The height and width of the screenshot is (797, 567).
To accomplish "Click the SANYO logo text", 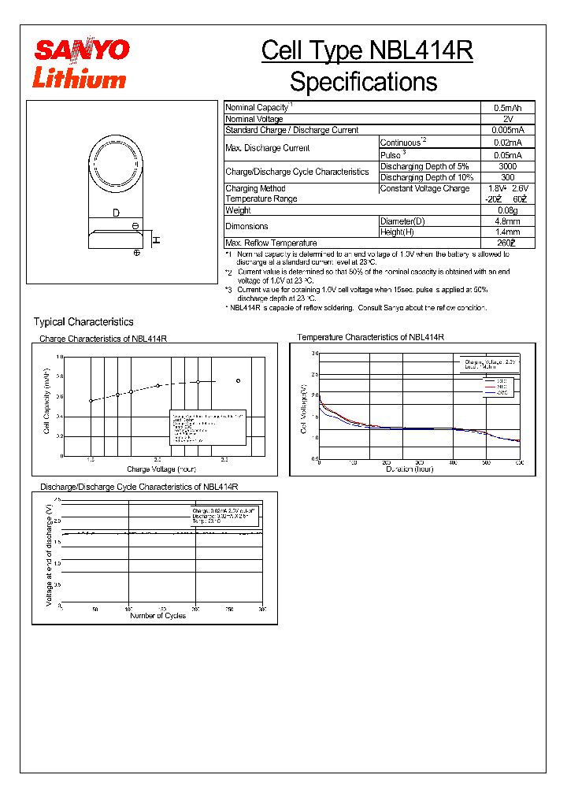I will [x=80, y=50].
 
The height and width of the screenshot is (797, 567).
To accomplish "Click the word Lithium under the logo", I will [x=79, y=78].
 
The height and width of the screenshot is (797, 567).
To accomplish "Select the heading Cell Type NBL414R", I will [x=367, y=51].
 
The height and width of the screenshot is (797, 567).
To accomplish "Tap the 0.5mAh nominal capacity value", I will [x=507, y=107].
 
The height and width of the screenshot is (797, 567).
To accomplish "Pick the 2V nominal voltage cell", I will [x=507, y=118].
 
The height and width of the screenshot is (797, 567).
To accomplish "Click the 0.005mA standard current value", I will [x=507, y=130].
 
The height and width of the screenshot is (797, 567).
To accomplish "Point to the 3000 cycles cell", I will [x=507, y=166].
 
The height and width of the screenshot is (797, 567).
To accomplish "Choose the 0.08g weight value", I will [x=507, y=210].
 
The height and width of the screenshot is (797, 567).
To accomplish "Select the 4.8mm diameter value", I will [x=507, y=221].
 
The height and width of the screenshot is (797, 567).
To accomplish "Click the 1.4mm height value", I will [x=507, y=232].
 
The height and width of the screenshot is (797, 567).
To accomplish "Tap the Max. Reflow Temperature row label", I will [x=271, y=243].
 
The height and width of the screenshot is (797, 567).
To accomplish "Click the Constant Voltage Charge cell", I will [x=424, y=188].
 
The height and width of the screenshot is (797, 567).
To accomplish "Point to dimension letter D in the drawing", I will [x=116, y=213].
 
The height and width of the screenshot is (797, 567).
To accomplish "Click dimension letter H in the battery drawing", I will [x=156, y=239].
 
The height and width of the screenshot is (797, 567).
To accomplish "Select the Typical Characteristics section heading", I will [x=83, y=322].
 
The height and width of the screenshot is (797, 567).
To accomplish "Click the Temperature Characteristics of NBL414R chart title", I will [x=370, y=337].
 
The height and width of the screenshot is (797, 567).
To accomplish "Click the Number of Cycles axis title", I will [x=157, y=616].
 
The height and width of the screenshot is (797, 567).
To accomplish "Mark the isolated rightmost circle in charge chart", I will [x=238, y=381].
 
